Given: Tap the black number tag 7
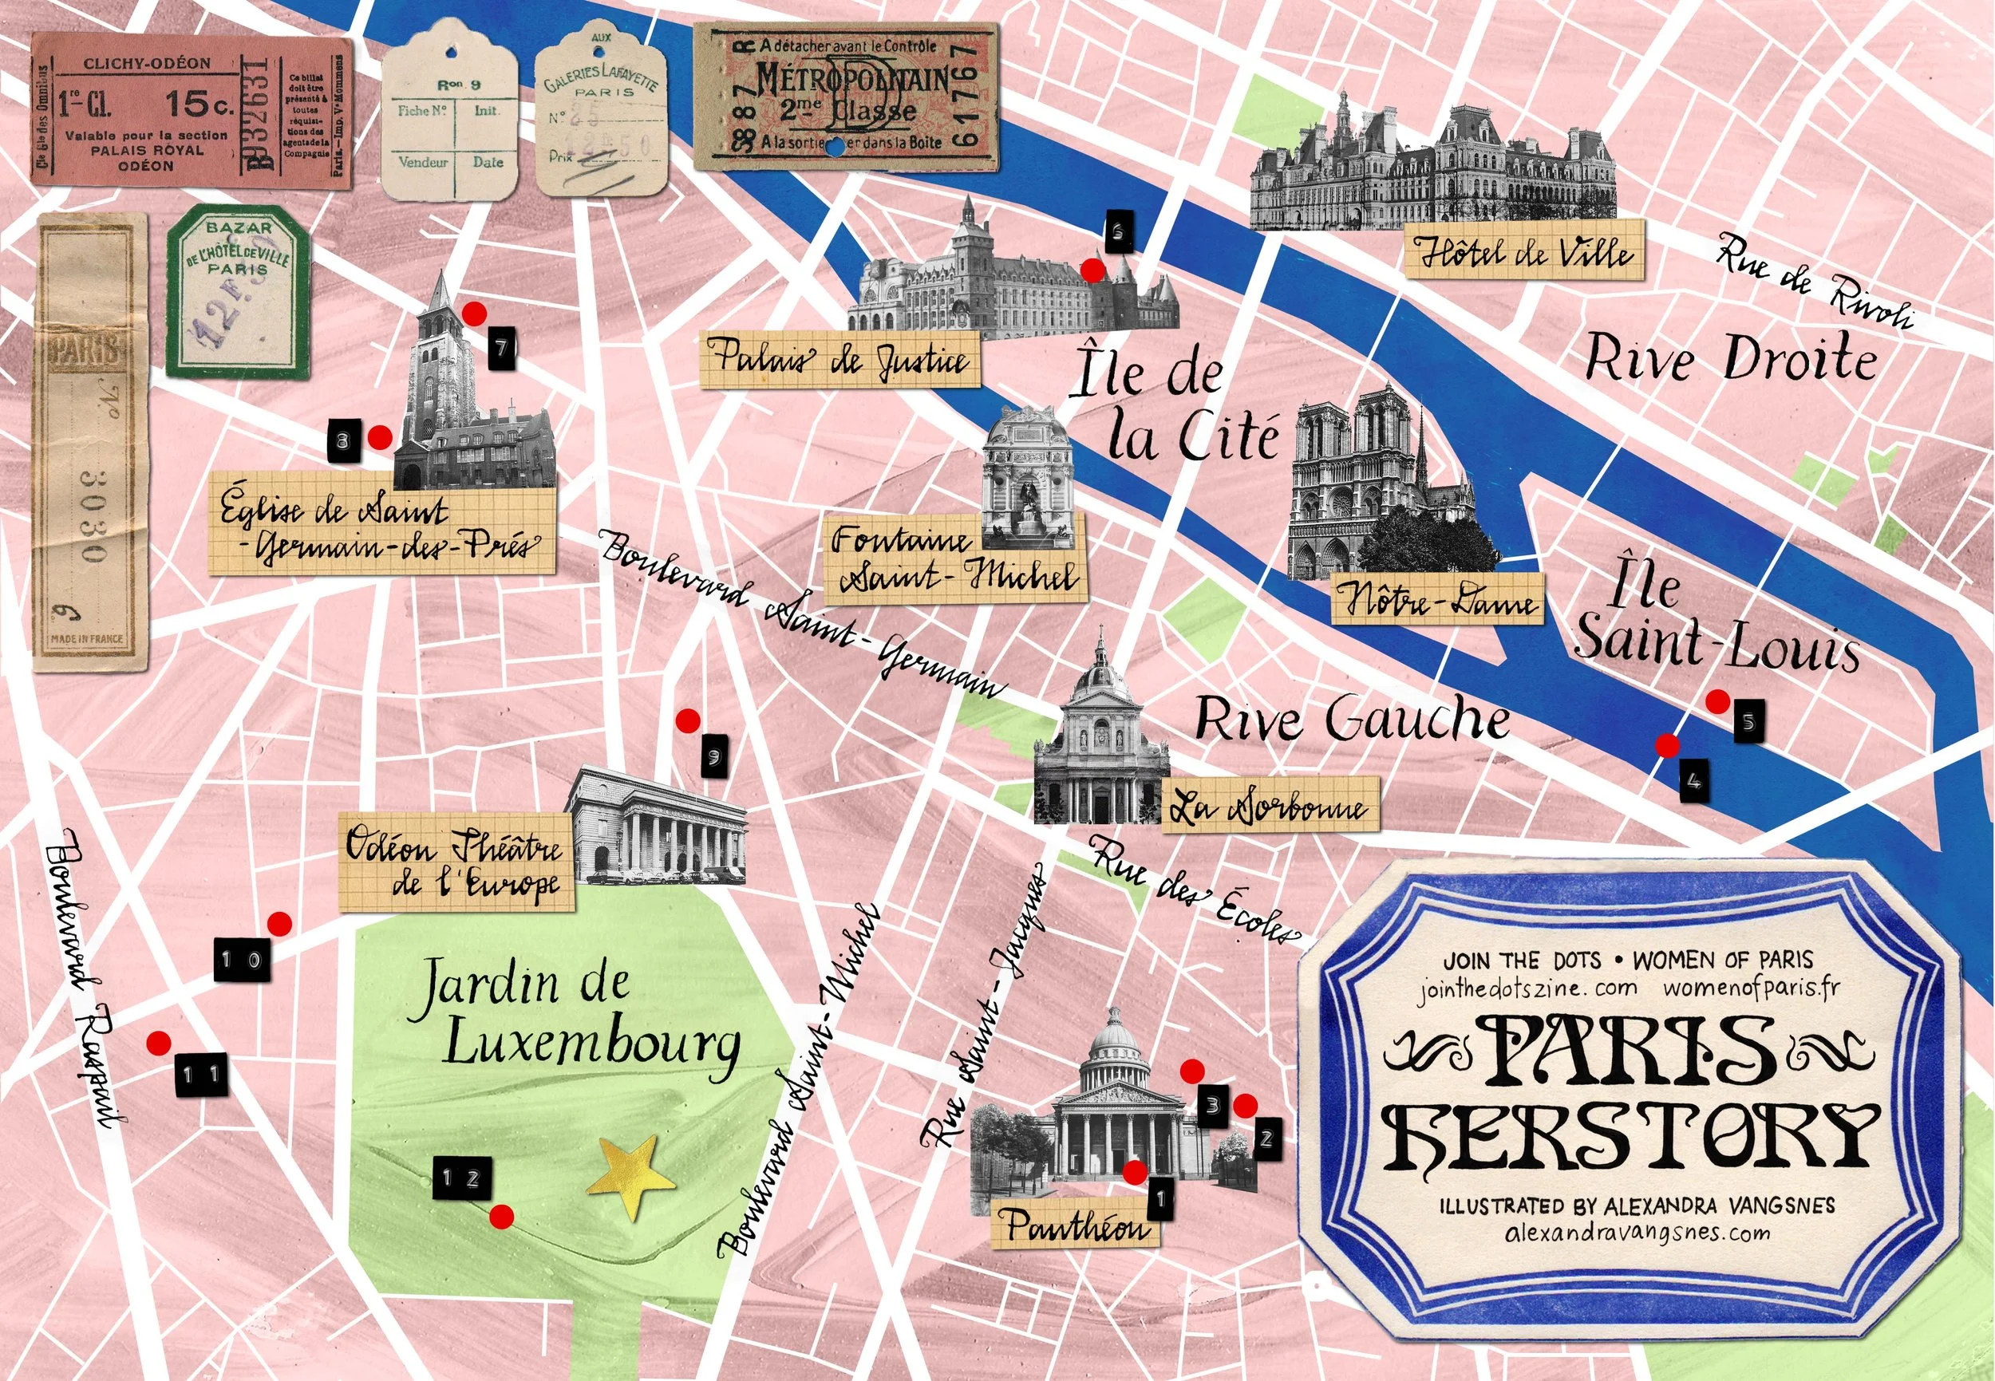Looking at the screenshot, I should [x=501, y=349].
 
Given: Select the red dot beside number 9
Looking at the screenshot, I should [x=688, y=720].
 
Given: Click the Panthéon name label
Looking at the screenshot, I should [x=1076, y=1224].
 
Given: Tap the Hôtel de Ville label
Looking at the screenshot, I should [x=1523, y=251].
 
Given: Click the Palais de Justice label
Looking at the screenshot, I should [x=839, y=360].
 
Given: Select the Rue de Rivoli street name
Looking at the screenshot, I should [x=1813, y=281].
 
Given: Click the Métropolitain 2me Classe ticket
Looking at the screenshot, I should [x=846, y=97].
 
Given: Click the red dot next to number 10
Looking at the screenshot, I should [x=279, y=924].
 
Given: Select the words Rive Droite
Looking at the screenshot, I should [x=1731, y=358].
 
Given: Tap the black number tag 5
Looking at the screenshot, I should [x=1748, y=720].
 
